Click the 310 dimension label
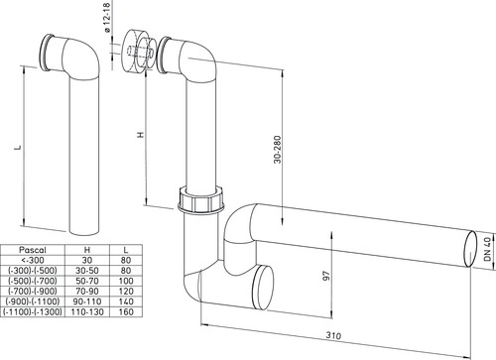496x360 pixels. tap(333, 335)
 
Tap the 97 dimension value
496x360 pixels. tap(326, 276)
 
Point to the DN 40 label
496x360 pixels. tap(488, 249)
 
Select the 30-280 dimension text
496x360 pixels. tap(278, 150)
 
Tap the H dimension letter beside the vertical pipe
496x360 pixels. tap(141, 135)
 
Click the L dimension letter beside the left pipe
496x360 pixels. tap(19, 147)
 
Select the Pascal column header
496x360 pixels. tap(33, 250)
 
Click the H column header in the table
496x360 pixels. tap(87, 250)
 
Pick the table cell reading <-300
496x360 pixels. tap(32, 260)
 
